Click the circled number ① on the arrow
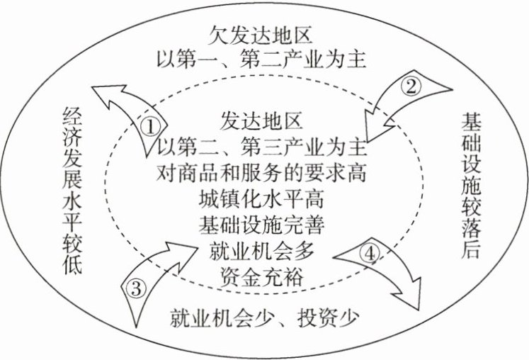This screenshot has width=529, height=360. tap(149, 126)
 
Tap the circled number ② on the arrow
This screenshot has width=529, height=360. tap(411, 87)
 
